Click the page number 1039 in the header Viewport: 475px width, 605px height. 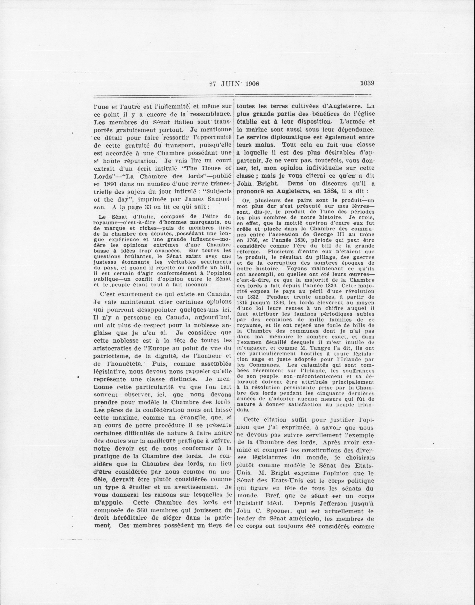point(367,83)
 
